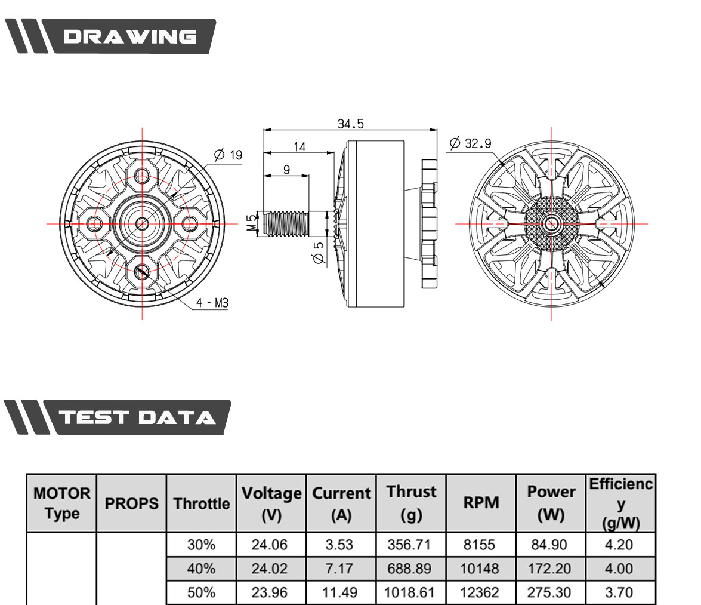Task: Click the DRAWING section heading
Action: point(129,36)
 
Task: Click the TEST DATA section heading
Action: point(137,417)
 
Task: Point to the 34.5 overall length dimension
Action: point(351,124)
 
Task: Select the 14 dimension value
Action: point(299,147)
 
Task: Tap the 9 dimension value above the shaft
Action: point(286,170)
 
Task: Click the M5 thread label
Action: point(252,222)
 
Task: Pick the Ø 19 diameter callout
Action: point(228,155)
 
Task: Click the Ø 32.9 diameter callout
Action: point(470,143)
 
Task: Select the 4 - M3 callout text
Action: point(212,303)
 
